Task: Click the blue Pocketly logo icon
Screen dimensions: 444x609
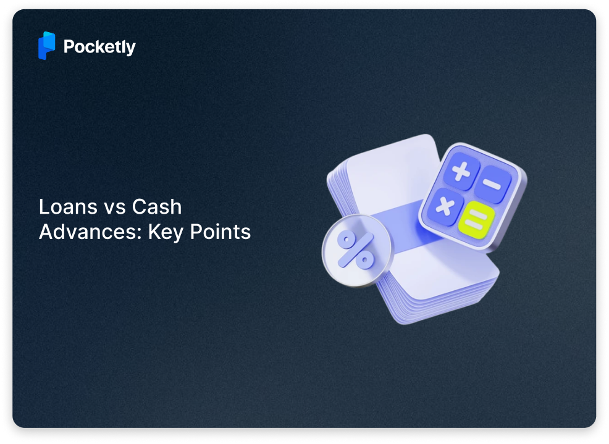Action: [x=46, y=46]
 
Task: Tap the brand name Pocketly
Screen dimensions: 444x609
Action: [x=99, y=47]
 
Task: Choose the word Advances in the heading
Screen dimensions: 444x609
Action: [x=88, y=232]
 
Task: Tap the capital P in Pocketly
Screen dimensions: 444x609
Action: [x=69, y=46]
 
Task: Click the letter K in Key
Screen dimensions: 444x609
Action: [x=153, y=232]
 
